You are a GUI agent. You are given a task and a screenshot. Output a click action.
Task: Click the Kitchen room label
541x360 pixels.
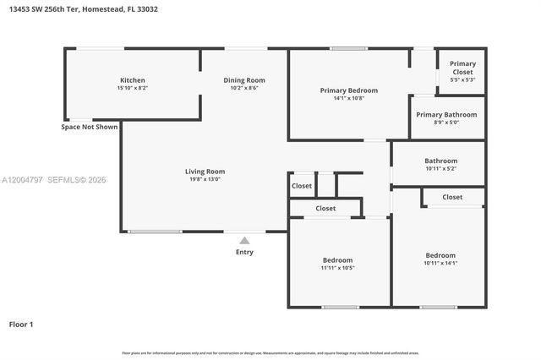(132, 80)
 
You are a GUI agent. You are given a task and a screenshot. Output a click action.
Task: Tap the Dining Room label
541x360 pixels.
(244, 80)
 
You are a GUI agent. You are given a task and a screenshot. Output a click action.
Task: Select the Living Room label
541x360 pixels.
(205, 172)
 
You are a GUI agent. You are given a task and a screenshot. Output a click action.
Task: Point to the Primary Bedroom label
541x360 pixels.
(348, 90)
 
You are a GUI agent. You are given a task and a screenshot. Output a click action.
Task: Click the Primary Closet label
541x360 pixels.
(462, 68)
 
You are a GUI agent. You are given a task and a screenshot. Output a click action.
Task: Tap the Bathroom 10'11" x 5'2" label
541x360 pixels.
(440, 161)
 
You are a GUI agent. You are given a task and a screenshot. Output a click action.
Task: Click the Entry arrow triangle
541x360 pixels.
(244, 241)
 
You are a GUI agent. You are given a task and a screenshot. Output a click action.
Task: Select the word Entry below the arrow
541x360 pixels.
(244, 252)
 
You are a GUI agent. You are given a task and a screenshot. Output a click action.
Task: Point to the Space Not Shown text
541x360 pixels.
(89, 128)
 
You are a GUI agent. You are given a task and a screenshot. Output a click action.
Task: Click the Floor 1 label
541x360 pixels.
(21, 324)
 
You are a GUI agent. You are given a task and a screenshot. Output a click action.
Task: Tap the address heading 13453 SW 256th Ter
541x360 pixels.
(83, 9)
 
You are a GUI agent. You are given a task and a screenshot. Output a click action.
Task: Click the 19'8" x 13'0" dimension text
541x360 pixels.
(205, 179)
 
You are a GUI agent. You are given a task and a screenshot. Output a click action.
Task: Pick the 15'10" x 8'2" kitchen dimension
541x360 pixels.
(132, 88)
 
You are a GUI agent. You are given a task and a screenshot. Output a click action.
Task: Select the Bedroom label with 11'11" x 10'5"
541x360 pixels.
(337, 259)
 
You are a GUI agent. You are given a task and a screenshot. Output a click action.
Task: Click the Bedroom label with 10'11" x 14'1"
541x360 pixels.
(440, 255)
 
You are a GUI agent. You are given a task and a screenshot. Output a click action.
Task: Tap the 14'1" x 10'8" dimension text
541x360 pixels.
(348, 98)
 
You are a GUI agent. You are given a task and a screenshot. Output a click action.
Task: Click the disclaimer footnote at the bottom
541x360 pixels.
(270, 352)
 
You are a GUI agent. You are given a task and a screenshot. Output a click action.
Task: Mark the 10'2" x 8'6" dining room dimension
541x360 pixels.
(244, 88)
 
